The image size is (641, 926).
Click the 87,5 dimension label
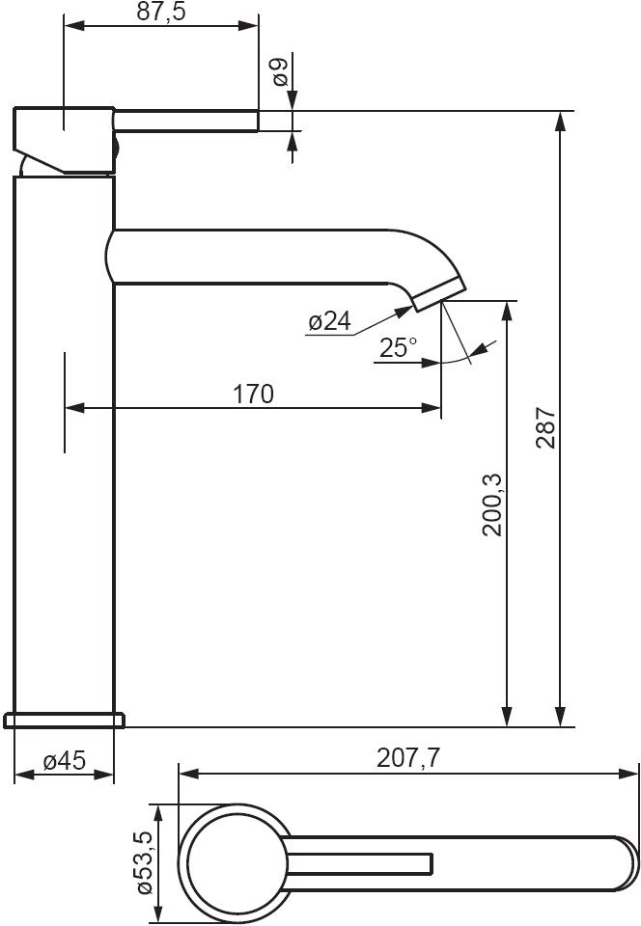161,12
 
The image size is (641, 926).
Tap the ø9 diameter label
280,72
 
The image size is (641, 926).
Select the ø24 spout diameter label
329,321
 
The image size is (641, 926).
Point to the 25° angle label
398,348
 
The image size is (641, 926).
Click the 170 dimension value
254,394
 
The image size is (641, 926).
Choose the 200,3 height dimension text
492,504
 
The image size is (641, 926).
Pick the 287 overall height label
545,427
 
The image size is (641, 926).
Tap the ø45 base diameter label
65,761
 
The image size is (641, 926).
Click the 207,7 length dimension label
408,758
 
